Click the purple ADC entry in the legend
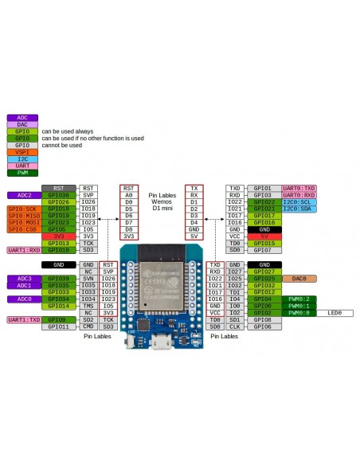point(22,117)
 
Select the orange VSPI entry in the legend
point(22,152)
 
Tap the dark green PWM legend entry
point(22,173)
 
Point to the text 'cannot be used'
point(61,146)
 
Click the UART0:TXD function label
point(299,188)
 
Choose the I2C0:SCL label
point(299,201)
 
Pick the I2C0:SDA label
point(299,209)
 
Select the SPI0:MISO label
point(25,215)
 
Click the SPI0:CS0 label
point(25,229)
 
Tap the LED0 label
point(335,313)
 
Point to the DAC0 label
point(299,279)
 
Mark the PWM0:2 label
point(299,299)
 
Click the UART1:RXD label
point(25,250)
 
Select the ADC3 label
point(24,279)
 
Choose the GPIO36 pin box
point(58,194)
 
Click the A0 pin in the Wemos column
point(129,195)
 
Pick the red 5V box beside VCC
point(264,236)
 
